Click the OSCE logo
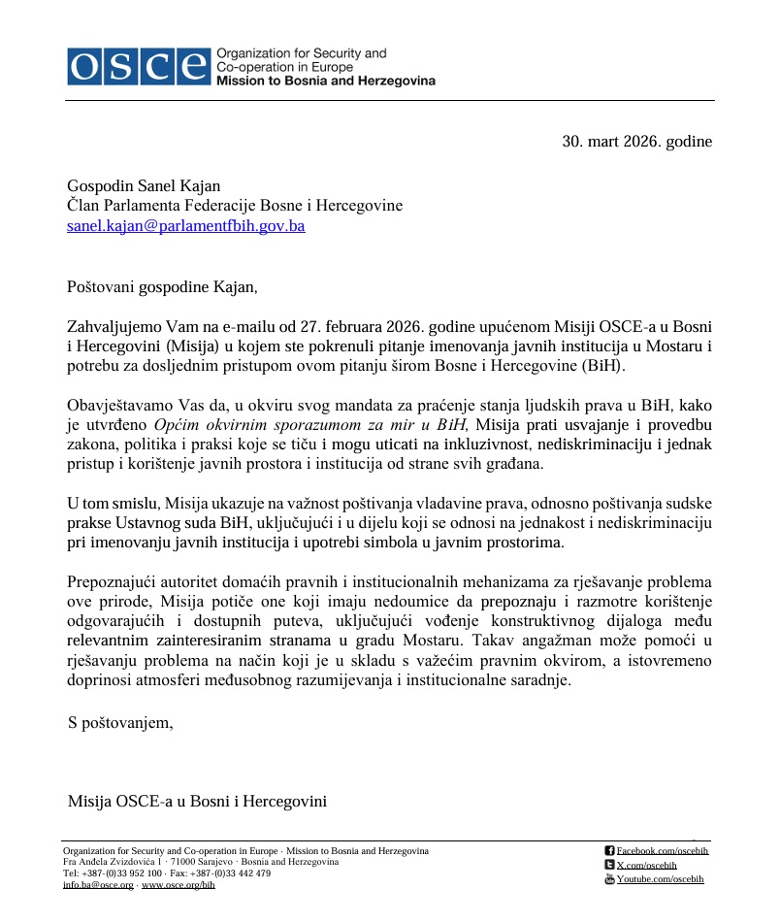pos(139,66)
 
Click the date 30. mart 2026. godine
pos(636,142)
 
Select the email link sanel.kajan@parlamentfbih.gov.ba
pos(185,226)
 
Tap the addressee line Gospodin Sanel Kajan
pos(144,186)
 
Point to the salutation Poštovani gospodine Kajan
pos(163,286)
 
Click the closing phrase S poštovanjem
pos(120,722)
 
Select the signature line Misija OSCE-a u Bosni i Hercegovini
pos(197,802)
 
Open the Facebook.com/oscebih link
pos(663,851)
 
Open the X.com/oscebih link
pos(646,865)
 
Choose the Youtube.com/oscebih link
pos(660,879)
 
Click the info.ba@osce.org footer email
pos(98,885)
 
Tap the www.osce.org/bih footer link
pos(179,885)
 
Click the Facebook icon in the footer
pos(609,851)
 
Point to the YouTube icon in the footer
pos(609,878)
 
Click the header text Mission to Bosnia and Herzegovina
pos(325,82)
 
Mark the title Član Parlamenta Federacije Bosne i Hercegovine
pos(234,206)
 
